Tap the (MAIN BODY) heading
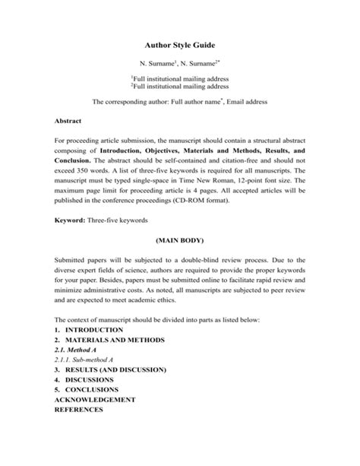[180, 239]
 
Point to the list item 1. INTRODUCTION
[89, 331]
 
